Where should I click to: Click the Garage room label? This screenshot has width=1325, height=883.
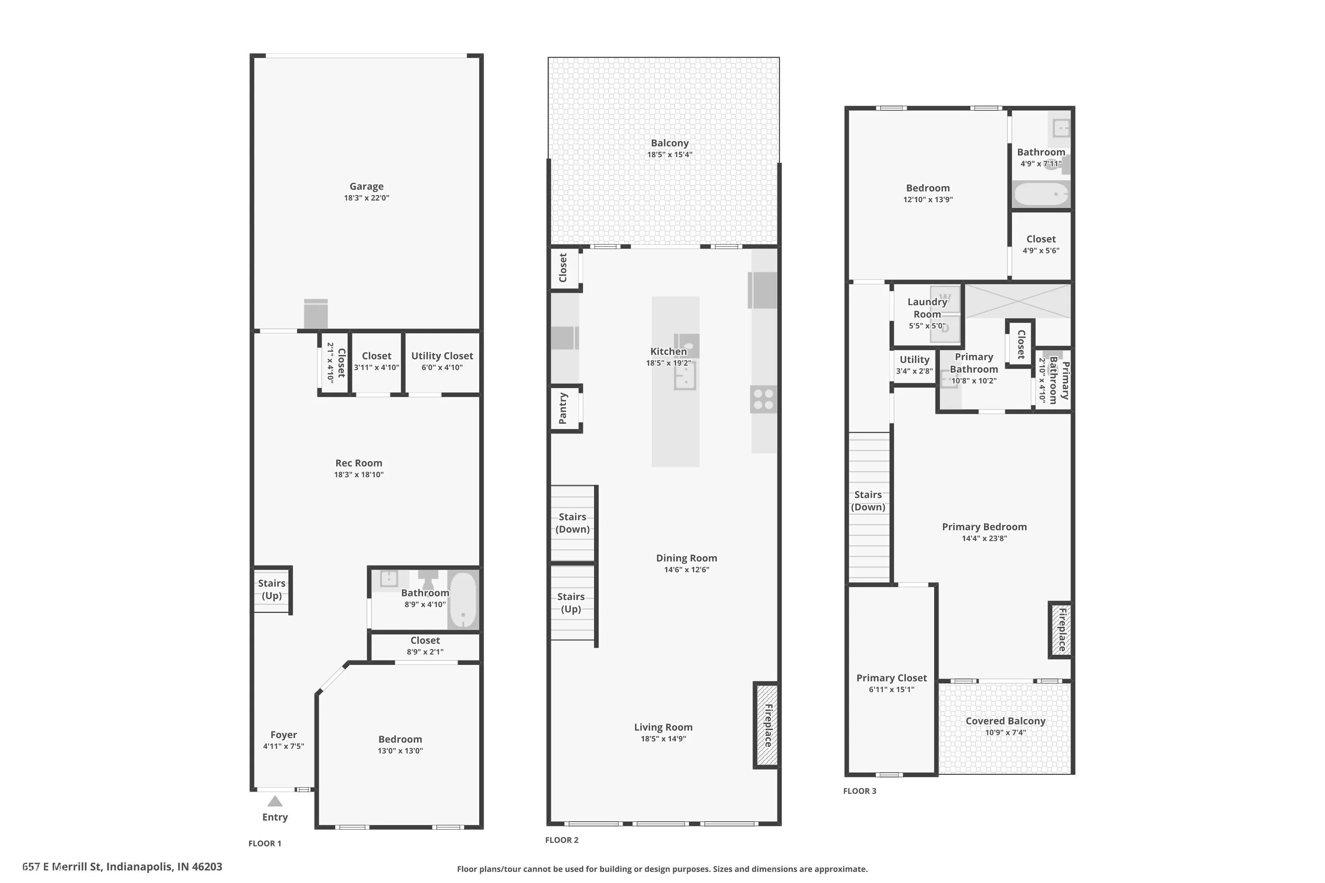click(366, 186)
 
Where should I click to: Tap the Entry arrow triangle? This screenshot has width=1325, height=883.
click(275, 801)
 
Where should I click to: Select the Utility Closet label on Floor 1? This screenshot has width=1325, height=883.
click(442, 356)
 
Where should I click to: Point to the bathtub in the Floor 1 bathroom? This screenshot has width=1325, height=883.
click(463, 600)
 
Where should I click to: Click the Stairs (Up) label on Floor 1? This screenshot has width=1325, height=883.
click(272, 589)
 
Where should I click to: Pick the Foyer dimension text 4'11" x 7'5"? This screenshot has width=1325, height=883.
click(284, 746)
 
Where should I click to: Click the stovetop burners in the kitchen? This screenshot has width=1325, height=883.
click(763, 399)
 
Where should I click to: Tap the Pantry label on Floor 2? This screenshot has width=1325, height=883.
click(563, 408)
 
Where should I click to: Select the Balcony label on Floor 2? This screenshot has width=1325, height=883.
click(670, 143)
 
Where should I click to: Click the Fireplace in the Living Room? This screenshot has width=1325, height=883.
click(767, 725)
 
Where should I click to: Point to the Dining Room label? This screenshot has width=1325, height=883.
click(687, 558)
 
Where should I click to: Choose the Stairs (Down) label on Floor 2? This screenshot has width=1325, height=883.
click(572, 523)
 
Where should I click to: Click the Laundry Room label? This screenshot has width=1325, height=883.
click(927, 308)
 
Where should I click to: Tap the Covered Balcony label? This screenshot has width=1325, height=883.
click(1006, 721)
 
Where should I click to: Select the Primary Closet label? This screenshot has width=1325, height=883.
click(892, 678)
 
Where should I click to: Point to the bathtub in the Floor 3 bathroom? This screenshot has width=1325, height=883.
click(1041, 194)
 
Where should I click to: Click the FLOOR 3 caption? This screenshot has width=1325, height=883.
click(859, 791)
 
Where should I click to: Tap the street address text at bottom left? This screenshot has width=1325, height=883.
click(122, 867)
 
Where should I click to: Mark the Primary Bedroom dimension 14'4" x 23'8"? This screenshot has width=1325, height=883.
click(984, 538)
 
